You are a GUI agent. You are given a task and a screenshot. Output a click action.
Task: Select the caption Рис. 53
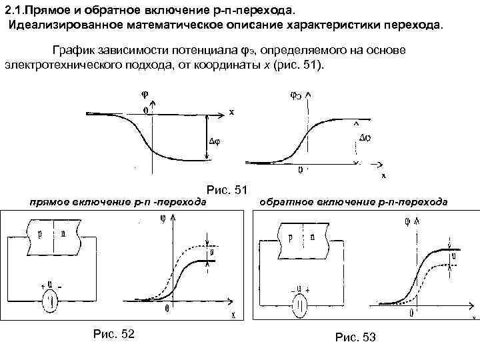coord(357,337)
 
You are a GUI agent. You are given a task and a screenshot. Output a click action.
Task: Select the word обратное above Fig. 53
coord(281,201)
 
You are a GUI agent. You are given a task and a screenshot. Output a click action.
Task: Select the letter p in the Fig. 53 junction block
coord(290,237)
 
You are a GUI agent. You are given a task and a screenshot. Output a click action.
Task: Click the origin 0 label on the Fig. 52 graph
coord(167,309)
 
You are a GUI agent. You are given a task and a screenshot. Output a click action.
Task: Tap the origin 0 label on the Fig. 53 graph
coord(412,312)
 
